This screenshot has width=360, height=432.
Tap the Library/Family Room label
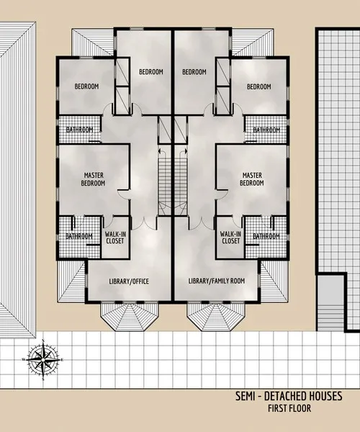tap(216, 281)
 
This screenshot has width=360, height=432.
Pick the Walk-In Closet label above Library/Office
tap(115, 237)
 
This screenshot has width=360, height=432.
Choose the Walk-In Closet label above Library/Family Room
tap(230, 237)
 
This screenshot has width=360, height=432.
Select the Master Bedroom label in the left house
tap(94, 179)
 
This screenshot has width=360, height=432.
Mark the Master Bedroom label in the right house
tap(251, 179)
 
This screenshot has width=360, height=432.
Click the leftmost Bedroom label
tap(87, 86)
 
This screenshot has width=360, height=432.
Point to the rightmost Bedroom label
tap(258, 86)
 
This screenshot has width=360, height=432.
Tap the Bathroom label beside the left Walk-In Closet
tap(78, 236)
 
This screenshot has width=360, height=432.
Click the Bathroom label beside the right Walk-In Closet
tap(266, 236)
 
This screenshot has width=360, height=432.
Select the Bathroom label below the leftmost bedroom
tap(79, 130)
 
